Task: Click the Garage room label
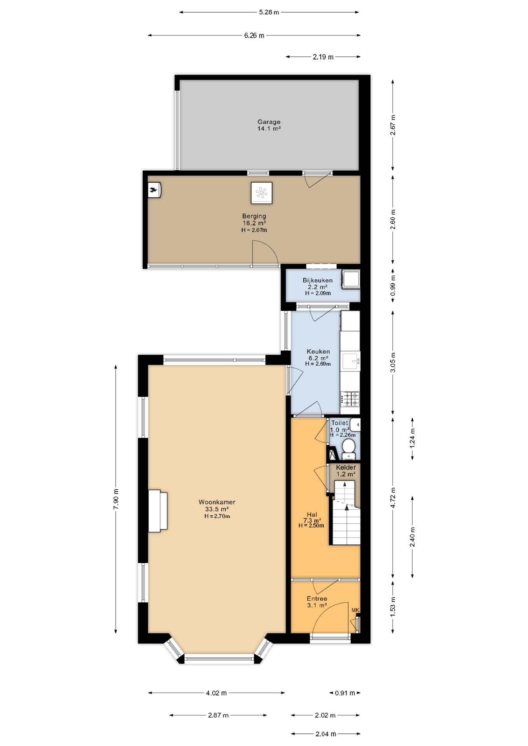(x=269, y=122)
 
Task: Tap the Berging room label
(x=254, y=216)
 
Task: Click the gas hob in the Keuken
(x=350, y=399)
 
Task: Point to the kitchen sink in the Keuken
(x=351, y=361)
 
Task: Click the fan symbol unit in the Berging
(x=261, y=193)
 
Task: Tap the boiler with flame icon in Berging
(x=154, y=190)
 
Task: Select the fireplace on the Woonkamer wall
(x=158, y=511)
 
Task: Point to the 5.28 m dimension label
(x=269, y=12)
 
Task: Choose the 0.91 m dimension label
(x=345, y=693)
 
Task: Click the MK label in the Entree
(x=355, y=610)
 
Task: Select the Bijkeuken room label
(x=318, y=280)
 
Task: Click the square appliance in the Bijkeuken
(x=351, y=279)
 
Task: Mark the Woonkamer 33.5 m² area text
(x=217, y=509)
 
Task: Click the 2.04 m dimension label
(x=325, y=734)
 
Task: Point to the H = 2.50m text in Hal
(x=311, y=525)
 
